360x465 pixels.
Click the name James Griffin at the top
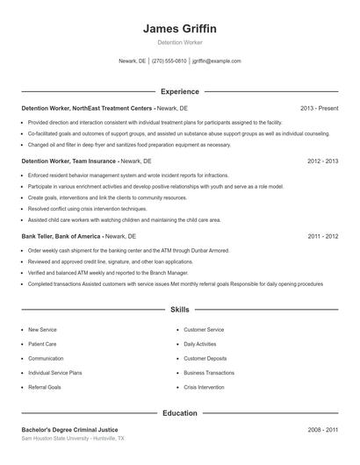click(x=179, y=29)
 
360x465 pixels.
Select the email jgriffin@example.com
click(x=216, y=61)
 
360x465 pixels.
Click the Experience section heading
click(x=179, y=91)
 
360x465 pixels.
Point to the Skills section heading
click(x=179, y=310)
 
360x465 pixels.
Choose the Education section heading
click(x=179, y=412)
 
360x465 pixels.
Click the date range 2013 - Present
click(x=319, y=108)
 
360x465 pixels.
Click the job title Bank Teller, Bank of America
click(x=61, y=236)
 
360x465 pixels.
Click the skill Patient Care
click(x=42, y=344)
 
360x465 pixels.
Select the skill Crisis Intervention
click(x=204, y=387)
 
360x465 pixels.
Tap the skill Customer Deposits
click(x=205, y=358)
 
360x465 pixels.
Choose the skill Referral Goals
click(x=44, y=387)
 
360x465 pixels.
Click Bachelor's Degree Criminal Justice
click(x=69, y=430)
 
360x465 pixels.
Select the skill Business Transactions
click(x=209, y=372)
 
